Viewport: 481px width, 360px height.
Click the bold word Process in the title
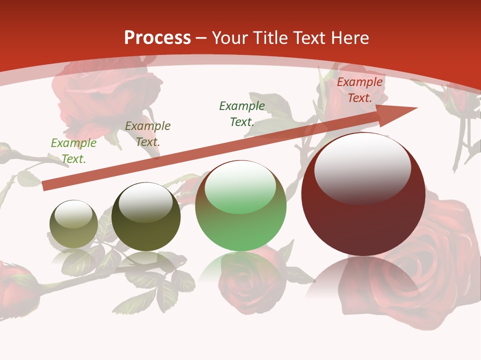[157, 38]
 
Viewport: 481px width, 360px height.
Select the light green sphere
[241, 225]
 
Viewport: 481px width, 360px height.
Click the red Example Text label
[360, 90]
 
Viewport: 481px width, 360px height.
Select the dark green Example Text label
[242, 113]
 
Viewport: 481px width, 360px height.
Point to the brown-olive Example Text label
[148, 133]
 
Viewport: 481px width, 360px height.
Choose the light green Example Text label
[74, 150]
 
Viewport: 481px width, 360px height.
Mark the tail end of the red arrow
[45, 186]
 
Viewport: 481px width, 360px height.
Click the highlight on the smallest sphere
[73, 214]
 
